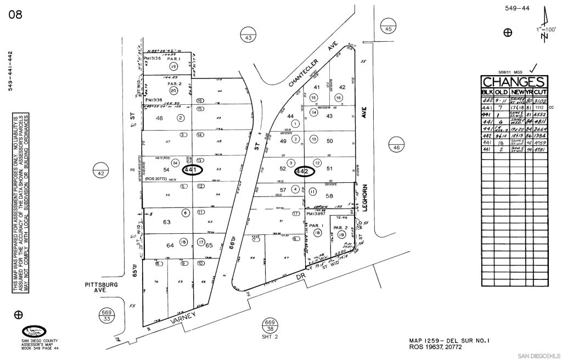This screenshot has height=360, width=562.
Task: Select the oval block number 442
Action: point(304,171)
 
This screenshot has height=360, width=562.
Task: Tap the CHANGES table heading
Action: point(513,82)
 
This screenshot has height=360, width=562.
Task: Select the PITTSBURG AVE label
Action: point(101,288)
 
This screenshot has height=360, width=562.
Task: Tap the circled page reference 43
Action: point(248,33)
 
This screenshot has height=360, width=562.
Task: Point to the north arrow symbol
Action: point(544,25)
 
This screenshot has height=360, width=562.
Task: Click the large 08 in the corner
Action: point(15,15)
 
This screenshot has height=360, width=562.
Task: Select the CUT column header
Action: point(540,92)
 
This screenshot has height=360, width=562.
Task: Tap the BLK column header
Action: point(487,92)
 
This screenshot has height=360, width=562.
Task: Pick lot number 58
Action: point(330,195)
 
